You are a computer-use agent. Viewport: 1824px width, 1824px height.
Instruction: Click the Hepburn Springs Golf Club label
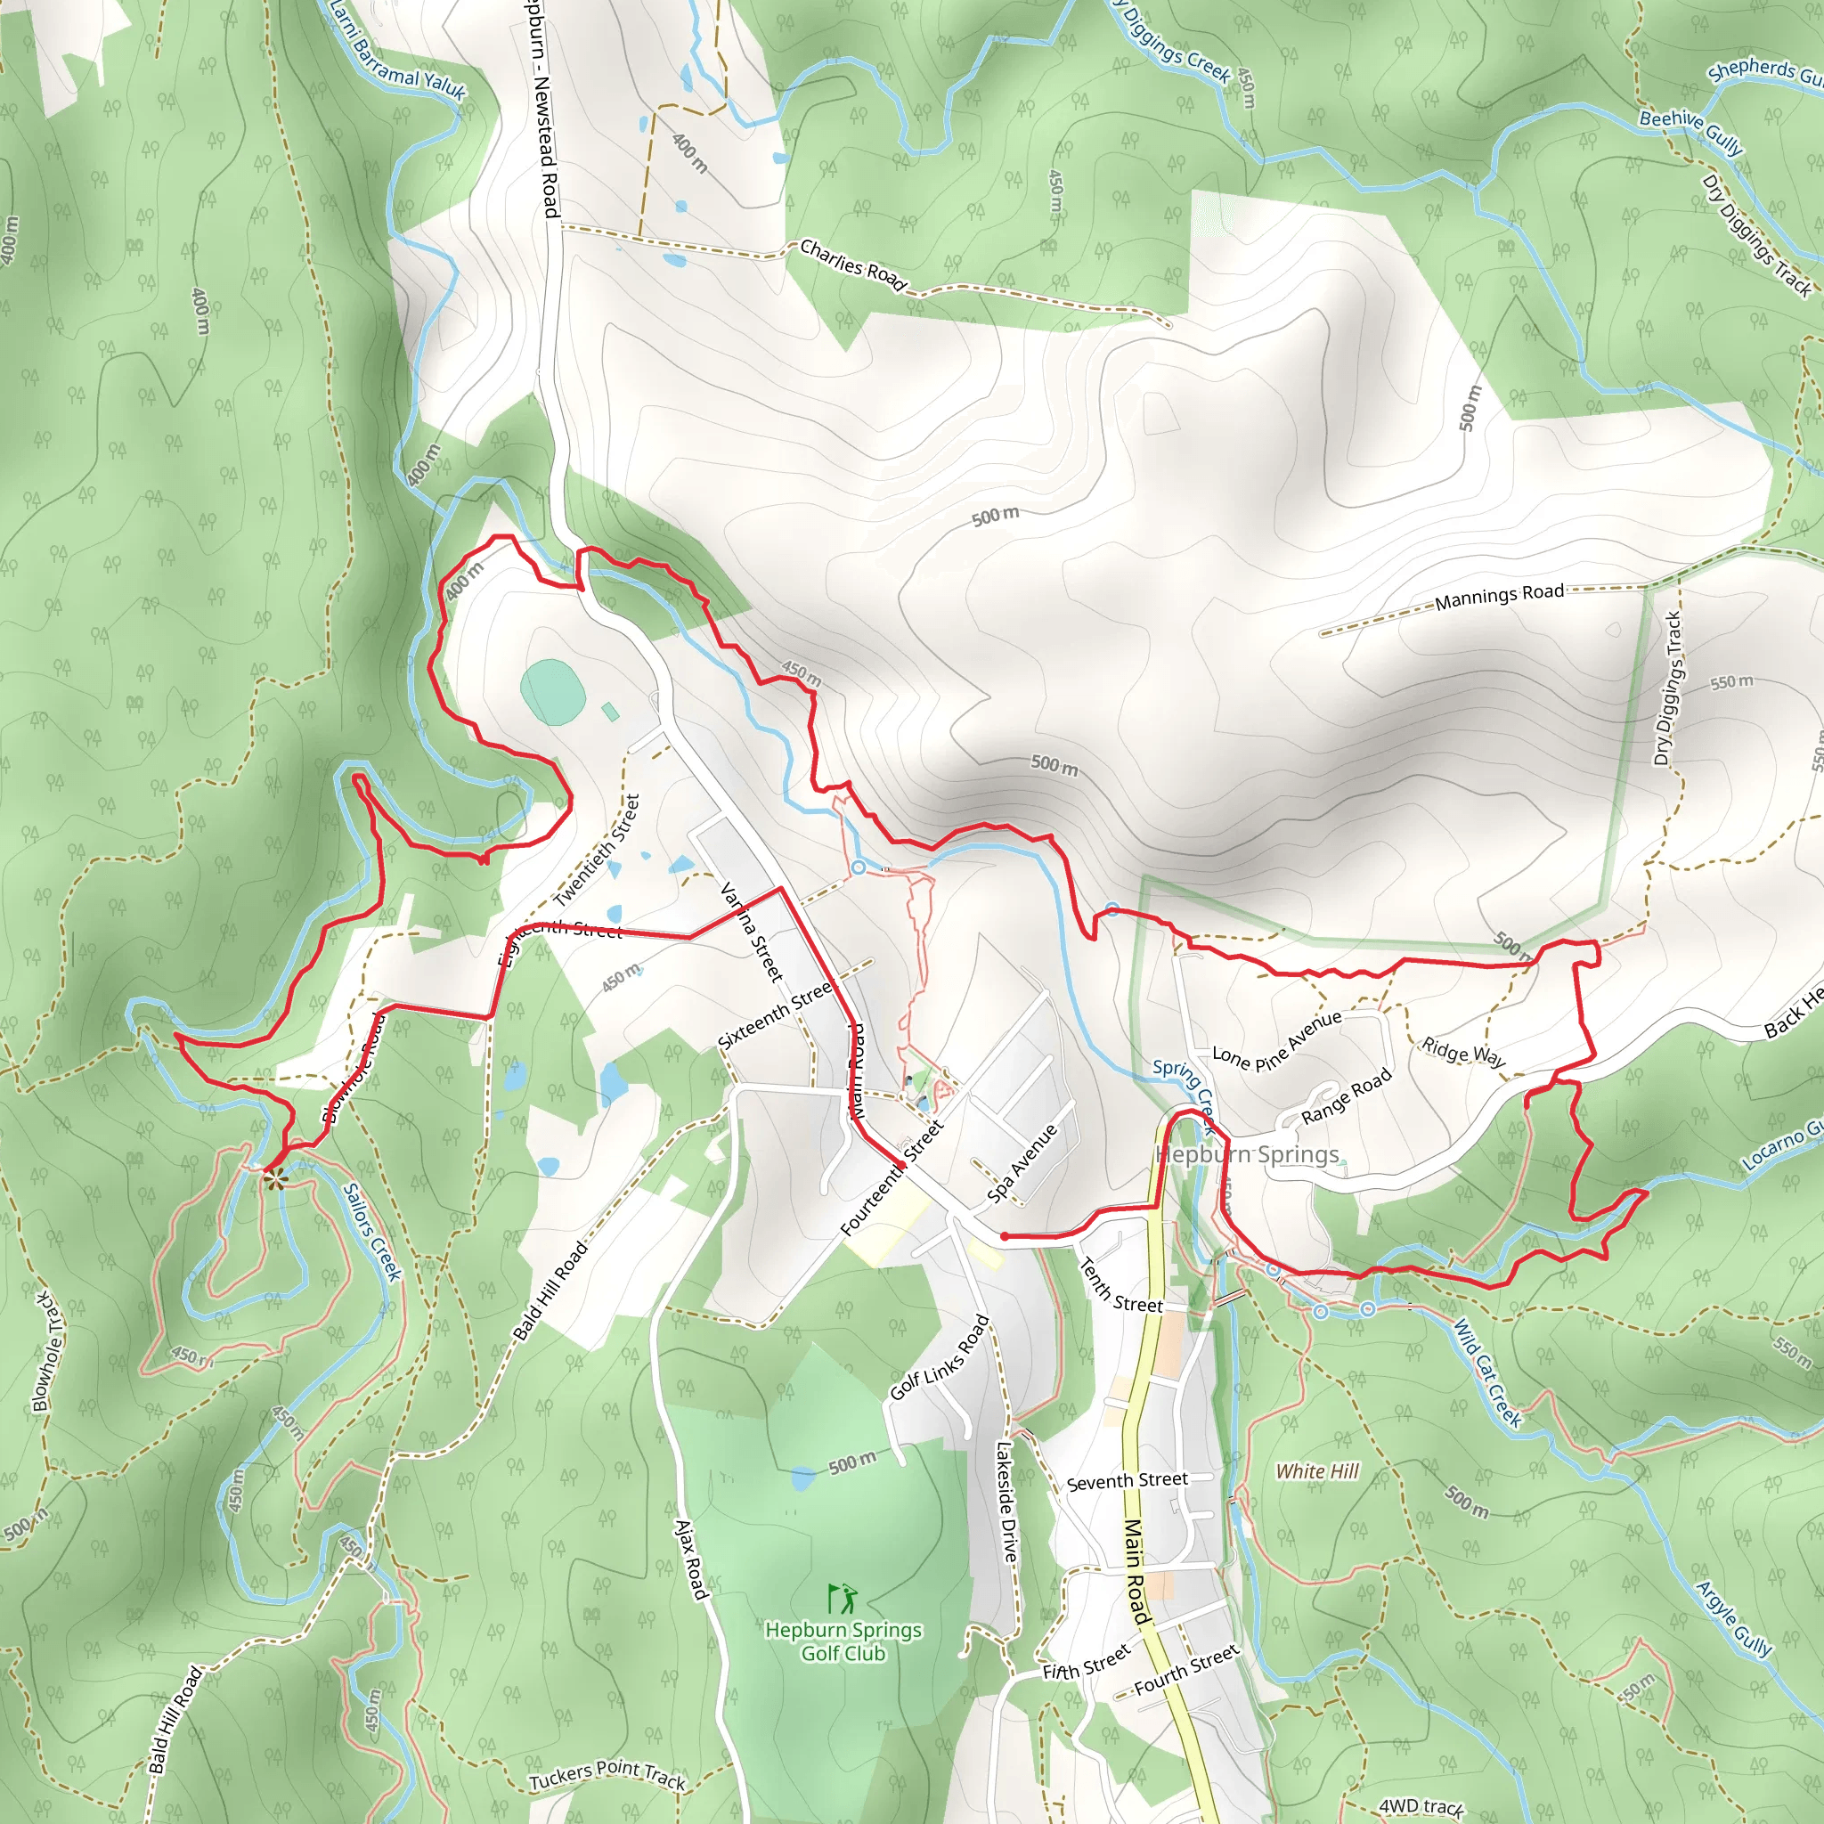pyautogui.click(x=843, y=1641)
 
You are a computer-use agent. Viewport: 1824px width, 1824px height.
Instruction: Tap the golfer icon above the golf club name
pyautogui.click(x=843, y=1599)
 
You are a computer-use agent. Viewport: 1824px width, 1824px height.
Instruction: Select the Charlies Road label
pyautogui.click(x=853, y=265)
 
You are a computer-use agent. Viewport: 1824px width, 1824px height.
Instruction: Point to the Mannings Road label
pyautogui.click(x=1499, y=597)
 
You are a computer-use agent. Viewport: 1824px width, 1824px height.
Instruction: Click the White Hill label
pyautogui.click(x=1317, y=1471)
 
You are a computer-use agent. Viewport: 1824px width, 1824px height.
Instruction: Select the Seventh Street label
pyautogui.click(x=1128, y=1480)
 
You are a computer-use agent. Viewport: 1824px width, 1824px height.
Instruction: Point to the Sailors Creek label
pyautogui.click(x=372, y=1232)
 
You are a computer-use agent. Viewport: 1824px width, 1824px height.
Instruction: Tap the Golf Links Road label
pyautogui.click(x=940, y=1357)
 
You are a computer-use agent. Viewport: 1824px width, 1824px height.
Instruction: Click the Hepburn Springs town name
pyautogui.click(x=1247, y=1154)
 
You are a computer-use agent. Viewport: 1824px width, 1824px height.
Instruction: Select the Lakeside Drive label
pyautogui.click(x=1007, y=1500)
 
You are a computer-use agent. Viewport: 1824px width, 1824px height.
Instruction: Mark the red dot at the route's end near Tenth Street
pyautogui.click(x=1005, y=1236)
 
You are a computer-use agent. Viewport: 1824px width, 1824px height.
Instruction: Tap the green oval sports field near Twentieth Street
pyautogui.click(x=552, y=692)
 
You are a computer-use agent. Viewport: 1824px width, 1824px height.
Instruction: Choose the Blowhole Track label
pyautogui.click(x=49, y=1352)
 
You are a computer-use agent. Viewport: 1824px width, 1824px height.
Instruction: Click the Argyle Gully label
pyautogui.click(x=1734, y=1618)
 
